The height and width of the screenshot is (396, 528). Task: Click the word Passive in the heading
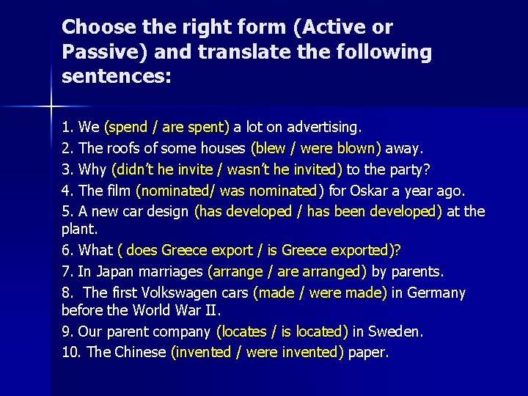pyautogui.click(x=95, y=52)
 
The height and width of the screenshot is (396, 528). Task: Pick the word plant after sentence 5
pyautogui.click(x=77, y=229)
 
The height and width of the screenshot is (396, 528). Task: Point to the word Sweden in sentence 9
pyautogui.click(x=397, y=331)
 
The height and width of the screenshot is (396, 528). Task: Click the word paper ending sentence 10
pyautogui.click(x=367, y=352)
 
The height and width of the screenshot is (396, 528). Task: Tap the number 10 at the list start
pyautogui.click(x=70, y=352)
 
